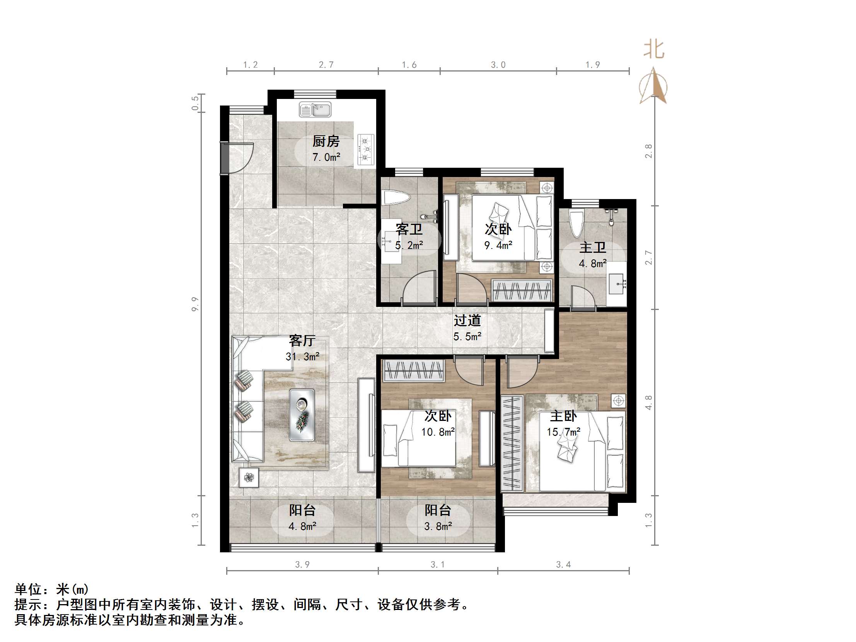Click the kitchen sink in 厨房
pos(315,110)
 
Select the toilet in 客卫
pos(395,198)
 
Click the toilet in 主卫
pos(576,223)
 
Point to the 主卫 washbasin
pos(616,284)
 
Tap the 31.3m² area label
pos(302,356)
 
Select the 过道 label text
pos(467,320)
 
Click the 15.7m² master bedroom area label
pos(563,431)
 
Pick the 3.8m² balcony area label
pos(438,526)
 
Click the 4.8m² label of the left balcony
pos(302,526)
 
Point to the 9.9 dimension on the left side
pos(195,304)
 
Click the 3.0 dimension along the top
pos(498,65)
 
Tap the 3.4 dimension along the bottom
pos(563,565)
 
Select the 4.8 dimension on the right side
pos(649,402)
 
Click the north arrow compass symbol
pos(654,86)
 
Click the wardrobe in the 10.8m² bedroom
pos(413,370)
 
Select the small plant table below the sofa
pos(249,477)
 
